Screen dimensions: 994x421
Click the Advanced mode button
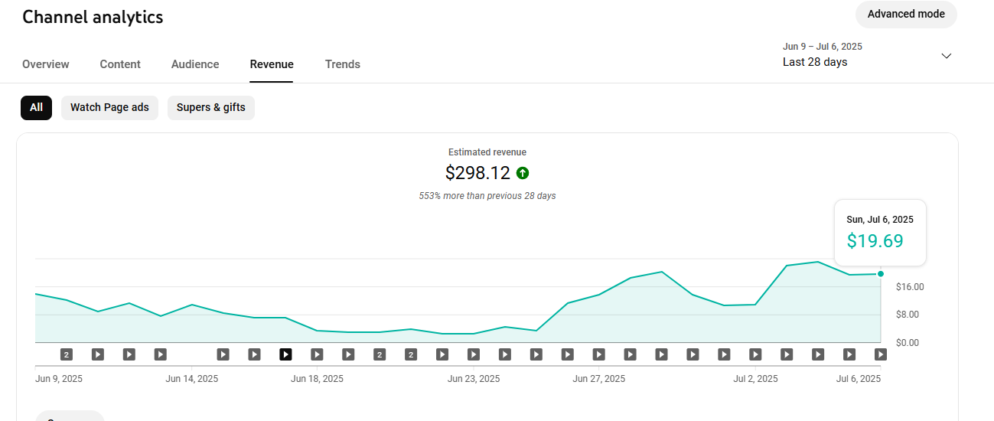[906, 15]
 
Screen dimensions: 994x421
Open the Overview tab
[46, 64]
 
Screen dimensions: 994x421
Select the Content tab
[120, 64]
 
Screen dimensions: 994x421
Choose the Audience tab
[195, 64]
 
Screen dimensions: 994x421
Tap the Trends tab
[343, 64]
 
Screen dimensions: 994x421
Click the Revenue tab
[272, 64]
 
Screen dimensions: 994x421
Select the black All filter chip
[37, 107]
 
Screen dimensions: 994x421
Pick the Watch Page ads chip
[109, 107]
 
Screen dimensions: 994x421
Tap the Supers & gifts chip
[210, 107]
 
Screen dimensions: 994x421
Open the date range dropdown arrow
[947, 56]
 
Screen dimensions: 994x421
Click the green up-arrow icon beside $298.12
[523, 173]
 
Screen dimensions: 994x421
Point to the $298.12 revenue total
[477, 173]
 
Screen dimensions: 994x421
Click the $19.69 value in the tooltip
[875, 240]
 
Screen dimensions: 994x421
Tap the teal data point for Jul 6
[881, 274]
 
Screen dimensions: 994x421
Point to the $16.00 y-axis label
[910, 287]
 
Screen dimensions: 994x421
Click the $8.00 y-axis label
[908, 315]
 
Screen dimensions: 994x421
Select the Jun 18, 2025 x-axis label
[317, 379]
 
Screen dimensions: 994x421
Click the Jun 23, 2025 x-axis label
[474, 379]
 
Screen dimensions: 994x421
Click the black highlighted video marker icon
[285, 354]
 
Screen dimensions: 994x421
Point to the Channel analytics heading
[93, 17]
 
